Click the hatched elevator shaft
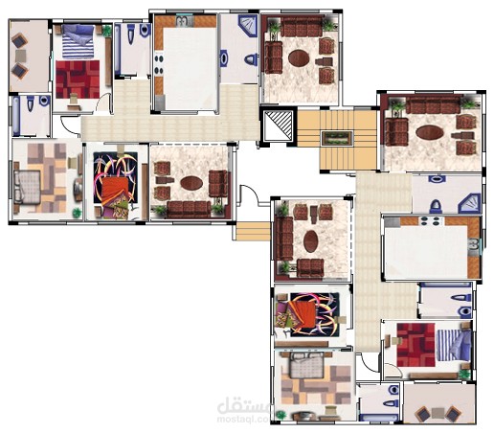(278, 125)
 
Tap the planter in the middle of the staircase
(337, 138)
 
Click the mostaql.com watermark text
(242, 419)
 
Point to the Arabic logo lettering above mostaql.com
(243, 405)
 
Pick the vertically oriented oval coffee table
(310, 241)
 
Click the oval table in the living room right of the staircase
(430, 132)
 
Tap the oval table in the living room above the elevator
(299, 58)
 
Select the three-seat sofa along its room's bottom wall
(189, 209)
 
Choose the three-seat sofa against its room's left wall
(284, 239)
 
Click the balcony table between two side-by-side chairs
(438, 413)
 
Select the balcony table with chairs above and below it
(21, 56)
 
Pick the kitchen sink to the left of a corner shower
(185, 22)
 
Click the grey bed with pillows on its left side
(27, 187)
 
